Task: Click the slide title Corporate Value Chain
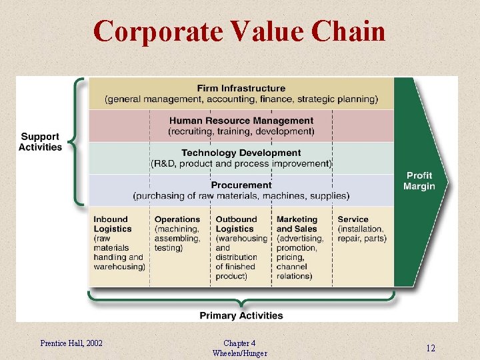pos(239,31)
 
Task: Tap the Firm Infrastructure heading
pos(241,88)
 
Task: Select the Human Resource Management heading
pos(241,121)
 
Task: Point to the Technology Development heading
pos(241,153)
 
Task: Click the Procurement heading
pos(241,185)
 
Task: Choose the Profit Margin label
pos(419,181)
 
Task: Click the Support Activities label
pos(40,142)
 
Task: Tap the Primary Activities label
pos(241,315)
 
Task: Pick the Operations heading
pos(177,219)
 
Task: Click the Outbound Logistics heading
pos(236,224)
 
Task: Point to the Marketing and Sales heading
pos(297,224)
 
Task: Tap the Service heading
pos(353,219)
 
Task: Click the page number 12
pos(431,348)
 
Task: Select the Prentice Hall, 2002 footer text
pos(71,343)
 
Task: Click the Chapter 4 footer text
pos(239,343)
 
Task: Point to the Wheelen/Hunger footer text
pos(239,353)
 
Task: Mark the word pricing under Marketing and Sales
pos(291,257)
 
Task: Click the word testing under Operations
pos(168,248)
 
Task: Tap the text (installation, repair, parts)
pos(362,233)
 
